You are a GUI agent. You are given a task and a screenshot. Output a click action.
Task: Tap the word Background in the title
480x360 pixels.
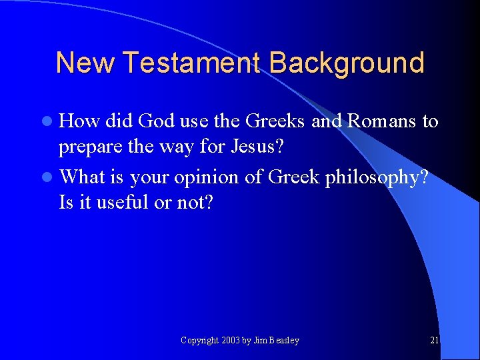pyautogui.click(x=347, y=63)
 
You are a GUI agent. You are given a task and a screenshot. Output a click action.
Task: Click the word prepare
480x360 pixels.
pyautogui.click(x=89, y=147)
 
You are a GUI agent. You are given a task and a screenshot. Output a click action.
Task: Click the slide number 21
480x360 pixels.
pyautogui.click(x=435, y=341)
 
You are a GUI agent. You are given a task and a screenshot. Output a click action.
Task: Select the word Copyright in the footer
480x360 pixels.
pyautogui.click(x=199, y=341)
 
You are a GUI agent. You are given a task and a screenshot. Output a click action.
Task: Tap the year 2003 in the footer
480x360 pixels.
pyautogui.click(x=231, y=341)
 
